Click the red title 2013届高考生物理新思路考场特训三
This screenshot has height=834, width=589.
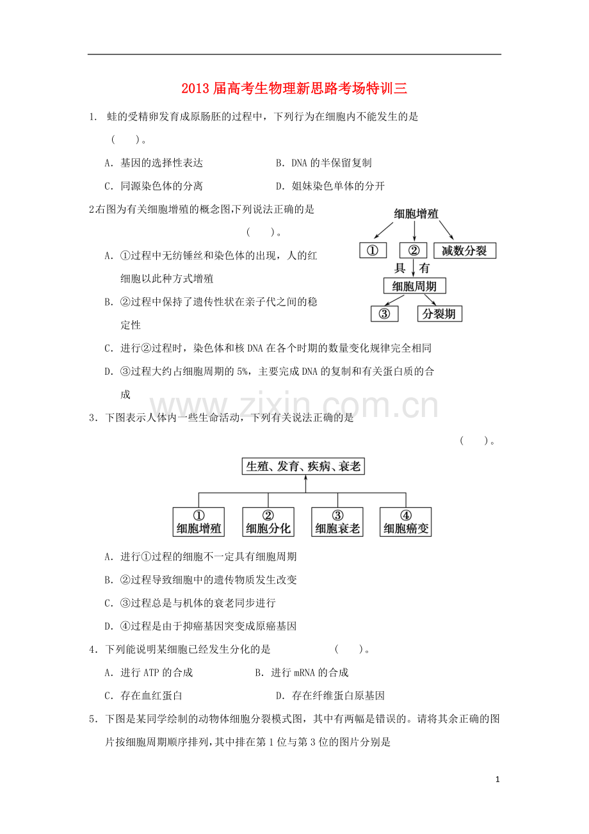[294, 88]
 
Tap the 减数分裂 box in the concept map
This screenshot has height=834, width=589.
[465, 250]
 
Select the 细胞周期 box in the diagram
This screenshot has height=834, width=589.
[414, 286]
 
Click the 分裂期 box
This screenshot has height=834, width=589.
[439, 314]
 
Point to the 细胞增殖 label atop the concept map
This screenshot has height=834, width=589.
[416, 214]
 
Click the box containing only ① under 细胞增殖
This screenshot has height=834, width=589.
[373, 250]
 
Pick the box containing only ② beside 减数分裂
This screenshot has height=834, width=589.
[413, 250]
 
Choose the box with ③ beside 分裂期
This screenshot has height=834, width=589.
[384, 314]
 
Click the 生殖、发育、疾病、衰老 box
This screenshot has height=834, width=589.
[303, 466]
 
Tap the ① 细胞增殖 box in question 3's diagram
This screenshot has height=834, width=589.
[198, 522]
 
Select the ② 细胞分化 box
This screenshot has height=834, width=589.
[268, 522]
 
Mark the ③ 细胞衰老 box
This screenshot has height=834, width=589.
[337, 522]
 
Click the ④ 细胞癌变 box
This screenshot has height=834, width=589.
[405, 522]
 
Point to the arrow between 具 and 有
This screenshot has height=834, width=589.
[414, 268]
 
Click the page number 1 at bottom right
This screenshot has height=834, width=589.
[497, 780]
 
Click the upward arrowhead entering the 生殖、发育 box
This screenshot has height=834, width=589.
[306, 478]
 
